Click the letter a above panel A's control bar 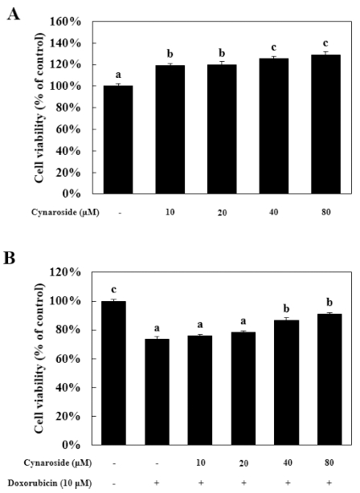[x=117, y=75]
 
